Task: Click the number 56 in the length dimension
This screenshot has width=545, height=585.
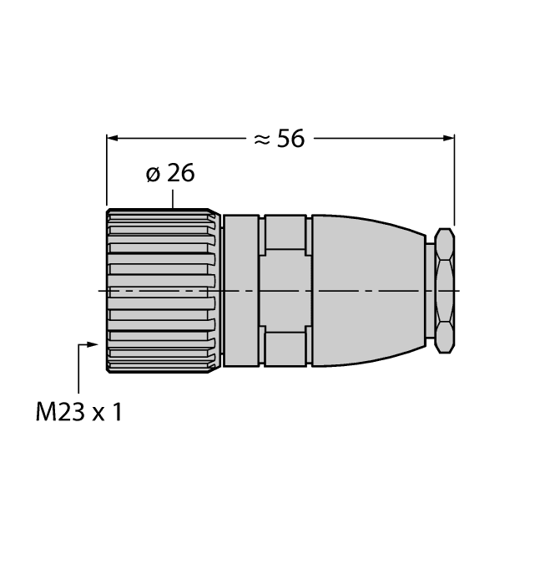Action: (x=291, y=139)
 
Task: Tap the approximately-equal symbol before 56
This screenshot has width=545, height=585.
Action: (x=261, y=140)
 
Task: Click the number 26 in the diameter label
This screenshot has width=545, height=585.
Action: (x=180, y=174)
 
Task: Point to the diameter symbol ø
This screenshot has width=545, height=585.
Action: (x=153, y=175)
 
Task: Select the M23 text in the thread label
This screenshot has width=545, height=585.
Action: (x=59, y=412)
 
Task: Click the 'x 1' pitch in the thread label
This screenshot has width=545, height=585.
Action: (x=107, y=412)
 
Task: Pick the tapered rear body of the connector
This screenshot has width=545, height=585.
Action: (x=367, y=290)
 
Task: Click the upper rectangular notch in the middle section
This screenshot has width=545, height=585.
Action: (x=285, y=231)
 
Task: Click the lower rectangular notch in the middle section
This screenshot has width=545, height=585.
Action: (x=285, y=347)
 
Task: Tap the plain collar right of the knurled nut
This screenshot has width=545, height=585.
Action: (x=241, y=290)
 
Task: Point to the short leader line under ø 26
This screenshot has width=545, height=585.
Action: (x=173, y=198)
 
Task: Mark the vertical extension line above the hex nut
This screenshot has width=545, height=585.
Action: (x=454, y=180)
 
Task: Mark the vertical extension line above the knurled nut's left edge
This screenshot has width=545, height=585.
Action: (x=107, y=171)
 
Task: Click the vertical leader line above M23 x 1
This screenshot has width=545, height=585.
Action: (x=78, y=368)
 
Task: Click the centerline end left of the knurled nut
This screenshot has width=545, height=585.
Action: (x=101, y=290)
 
